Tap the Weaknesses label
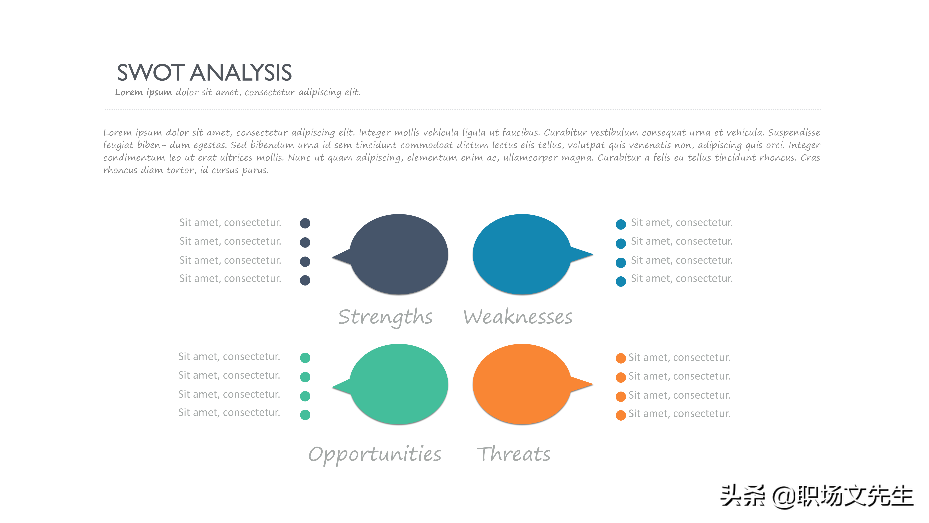518,317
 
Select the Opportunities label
375,455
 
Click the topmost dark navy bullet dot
305,223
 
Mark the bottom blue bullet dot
621,281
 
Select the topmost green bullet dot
305,358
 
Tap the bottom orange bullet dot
621,415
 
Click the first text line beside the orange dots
679,357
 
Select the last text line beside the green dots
229,413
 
